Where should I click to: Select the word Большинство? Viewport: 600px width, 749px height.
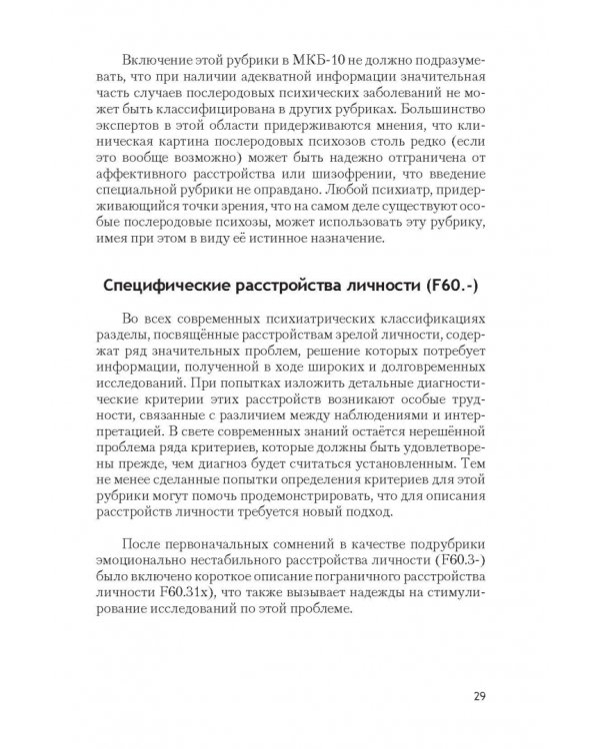pyautogui.click(x=443, y=101)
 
